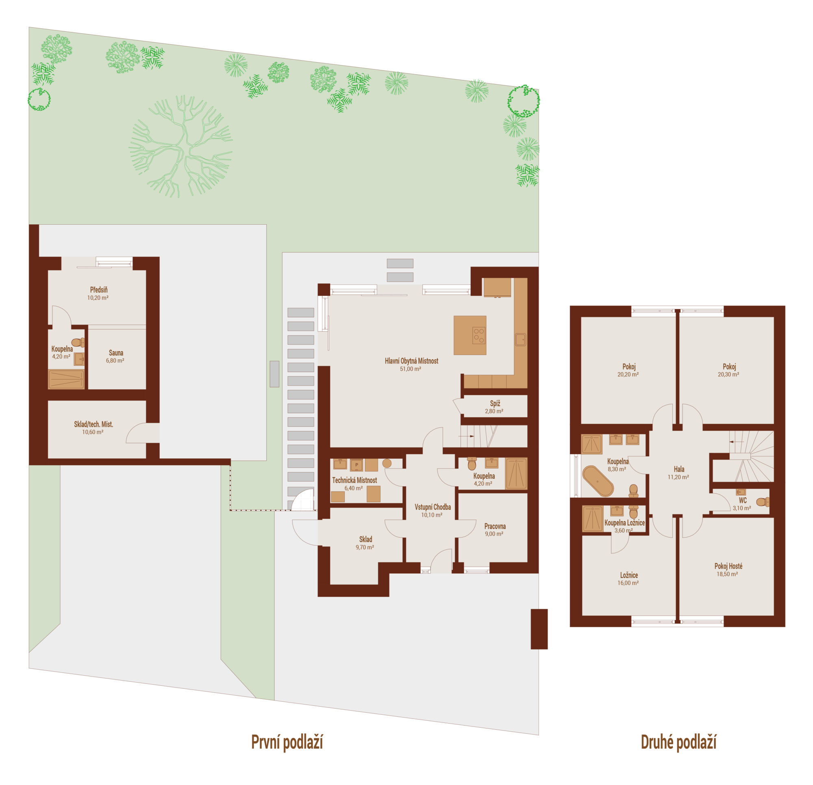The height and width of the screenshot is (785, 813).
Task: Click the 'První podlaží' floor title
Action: [x=287, y=742]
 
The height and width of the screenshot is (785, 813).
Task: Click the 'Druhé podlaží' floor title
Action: [x=678, y=742]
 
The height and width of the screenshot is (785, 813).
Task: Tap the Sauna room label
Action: [x=116, y=353]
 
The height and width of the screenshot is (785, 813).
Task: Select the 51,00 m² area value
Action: [x=411, y=369]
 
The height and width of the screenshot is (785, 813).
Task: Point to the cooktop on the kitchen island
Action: [x=479, y=335]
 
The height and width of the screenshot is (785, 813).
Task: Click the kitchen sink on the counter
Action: [x=520, y=340]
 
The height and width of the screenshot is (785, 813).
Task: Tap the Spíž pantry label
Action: [x=495, y=403]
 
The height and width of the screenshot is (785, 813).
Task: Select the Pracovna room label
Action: [x=494, y=526]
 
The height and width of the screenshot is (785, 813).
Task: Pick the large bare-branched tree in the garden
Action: [x=180, y=146]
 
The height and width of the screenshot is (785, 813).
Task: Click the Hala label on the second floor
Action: [x=679, y=469]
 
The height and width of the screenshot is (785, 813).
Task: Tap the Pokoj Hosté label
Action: [x=728, y=566]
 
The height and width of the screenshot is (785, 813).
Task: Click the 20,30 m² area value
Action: [x=728, y=374]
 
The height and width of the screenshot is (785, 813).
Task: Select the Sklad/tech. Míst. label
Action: [x=93, y=424]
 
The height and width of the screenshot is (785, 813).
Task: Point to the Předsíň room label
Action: [x=99, y=290]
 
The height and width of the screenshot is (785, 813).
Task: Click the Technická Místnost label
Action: [x=354, y=480]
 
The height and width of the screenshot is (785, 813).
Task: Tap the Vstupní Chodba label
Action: [x=433, y=507]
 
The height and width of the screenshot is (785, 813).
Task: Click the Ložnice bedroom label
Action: [x=629, y=575]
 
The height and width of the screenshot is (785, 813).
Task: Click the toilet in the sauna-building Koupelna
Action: [x=78, y=343]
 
